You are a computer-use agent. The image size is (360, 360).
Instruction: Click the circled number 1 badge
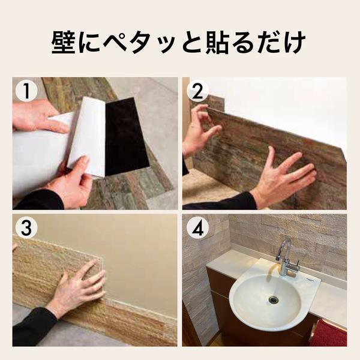[x=26, y=91]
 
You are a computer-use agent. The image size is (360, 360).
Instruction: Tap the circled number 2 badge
[x=197, y=91]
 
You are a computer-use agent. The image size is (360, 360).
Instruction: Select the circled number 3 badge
[x=26, y=228]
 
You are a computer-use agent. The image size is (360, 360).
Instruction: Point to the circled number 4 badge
[x=197, y=228]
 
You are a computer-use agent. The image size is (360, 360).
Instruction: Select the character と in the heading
[x=193, y=43]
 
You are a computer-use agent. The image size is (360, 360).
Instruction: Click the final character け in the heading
[x=295, y=43]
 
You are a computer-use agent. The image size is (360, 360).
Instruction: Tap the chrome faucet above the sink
[x=286, y=257]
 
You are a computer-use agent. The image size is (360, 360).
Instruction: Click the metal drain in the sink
[x=273, y=300]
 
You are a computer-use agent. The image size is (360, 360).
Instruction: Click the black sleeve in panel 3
[x=32, y=328]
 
